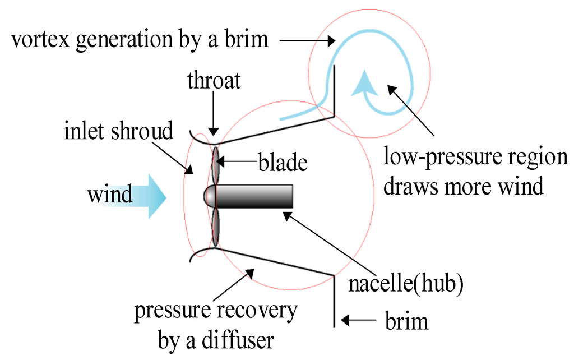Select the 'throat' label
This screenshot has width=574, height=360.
(x=214, y=81)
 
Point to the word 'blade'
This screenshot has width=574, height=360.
(x=283, y=163)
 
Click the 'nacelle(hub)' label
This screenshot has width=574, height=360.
(x=406, y=284)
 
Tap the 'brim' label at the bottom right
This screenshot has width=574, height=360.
(x=407, y=321)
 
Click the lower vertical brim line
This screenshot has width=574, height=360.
(x=335, y=300)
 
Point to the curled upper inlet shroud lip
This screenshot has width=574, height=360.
(x=198, y=135)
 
